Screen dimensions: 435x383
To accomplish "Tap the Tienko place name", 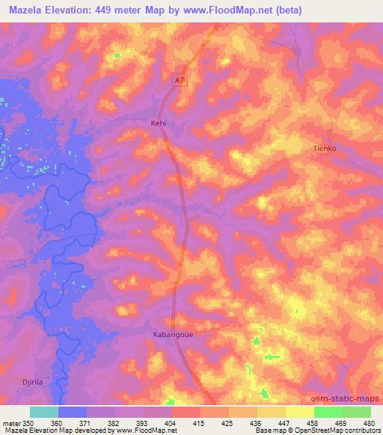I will click(x=325, y=149).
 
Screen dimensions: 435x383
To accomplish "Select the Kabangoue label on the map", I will click(x=173, y=334).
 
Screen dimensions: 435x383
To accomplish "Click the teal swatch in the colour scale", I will click(x=44, y=412).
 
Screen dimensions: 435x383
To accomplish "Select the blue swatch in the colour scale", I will click(x=73, y=412).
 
